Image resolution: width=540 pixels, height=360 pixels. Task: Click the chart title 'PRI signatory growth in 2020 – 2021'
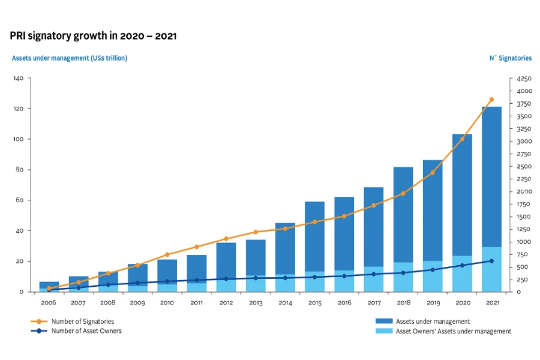click(x=93, y=36)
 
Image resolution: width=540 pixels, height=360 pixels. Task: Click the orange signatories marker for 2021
click(x=491, y=100)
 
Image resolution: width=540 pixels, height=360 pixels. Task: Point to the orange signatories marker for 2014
click(x=285, y=229)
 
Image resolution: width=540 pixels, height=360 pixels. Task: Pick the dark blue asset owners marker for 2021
click(x=491, y=261)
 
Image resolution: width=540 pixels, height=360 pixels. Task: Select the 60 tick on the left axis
click(x=19, y=200)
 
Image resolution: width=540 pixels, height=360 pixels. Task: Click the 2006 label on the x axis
click(x=49, y=303)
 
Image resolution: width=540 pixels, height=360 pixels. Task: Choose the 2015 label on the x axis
click(x=314, y=303)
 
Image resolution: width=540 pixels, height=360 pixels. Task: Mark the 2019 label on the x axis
click(x=433, y=303)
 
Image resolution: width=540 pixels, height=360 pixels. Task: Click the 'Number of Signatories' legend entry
click(x=82, y=322)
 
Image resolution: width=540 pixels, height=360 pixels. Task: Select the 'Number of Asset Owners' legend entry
click(x=86, y=331)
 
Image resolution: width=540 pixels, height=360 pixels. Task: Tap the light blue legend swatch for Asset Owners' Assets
click(x=383, y=331)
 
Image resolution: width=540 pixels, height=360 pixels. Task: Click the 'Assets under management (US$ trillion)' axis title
click(x=70, y=58)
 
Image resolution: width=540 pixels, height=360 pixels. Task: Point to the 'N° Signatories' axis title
click(x=510, y=58)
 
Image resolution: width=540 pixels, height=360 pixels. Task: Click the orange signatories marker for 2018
click(x=403, y=194)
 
